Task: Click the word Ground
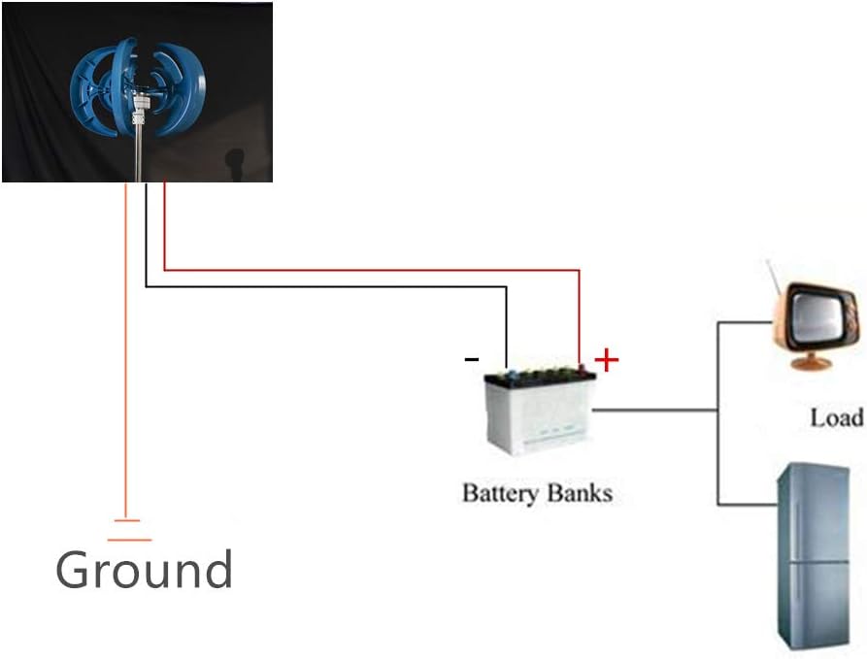point(144,570)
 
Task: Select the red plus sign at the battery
point(606,361)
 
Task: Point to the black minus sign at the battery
point(472,359)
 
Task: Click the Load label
point(836,417)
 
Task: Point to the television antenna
point(777,277)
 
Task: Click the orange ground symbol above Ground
point(129,530)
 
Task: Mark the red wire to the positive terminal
point(388,270)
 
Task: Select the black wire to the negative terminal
point(340,286)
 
